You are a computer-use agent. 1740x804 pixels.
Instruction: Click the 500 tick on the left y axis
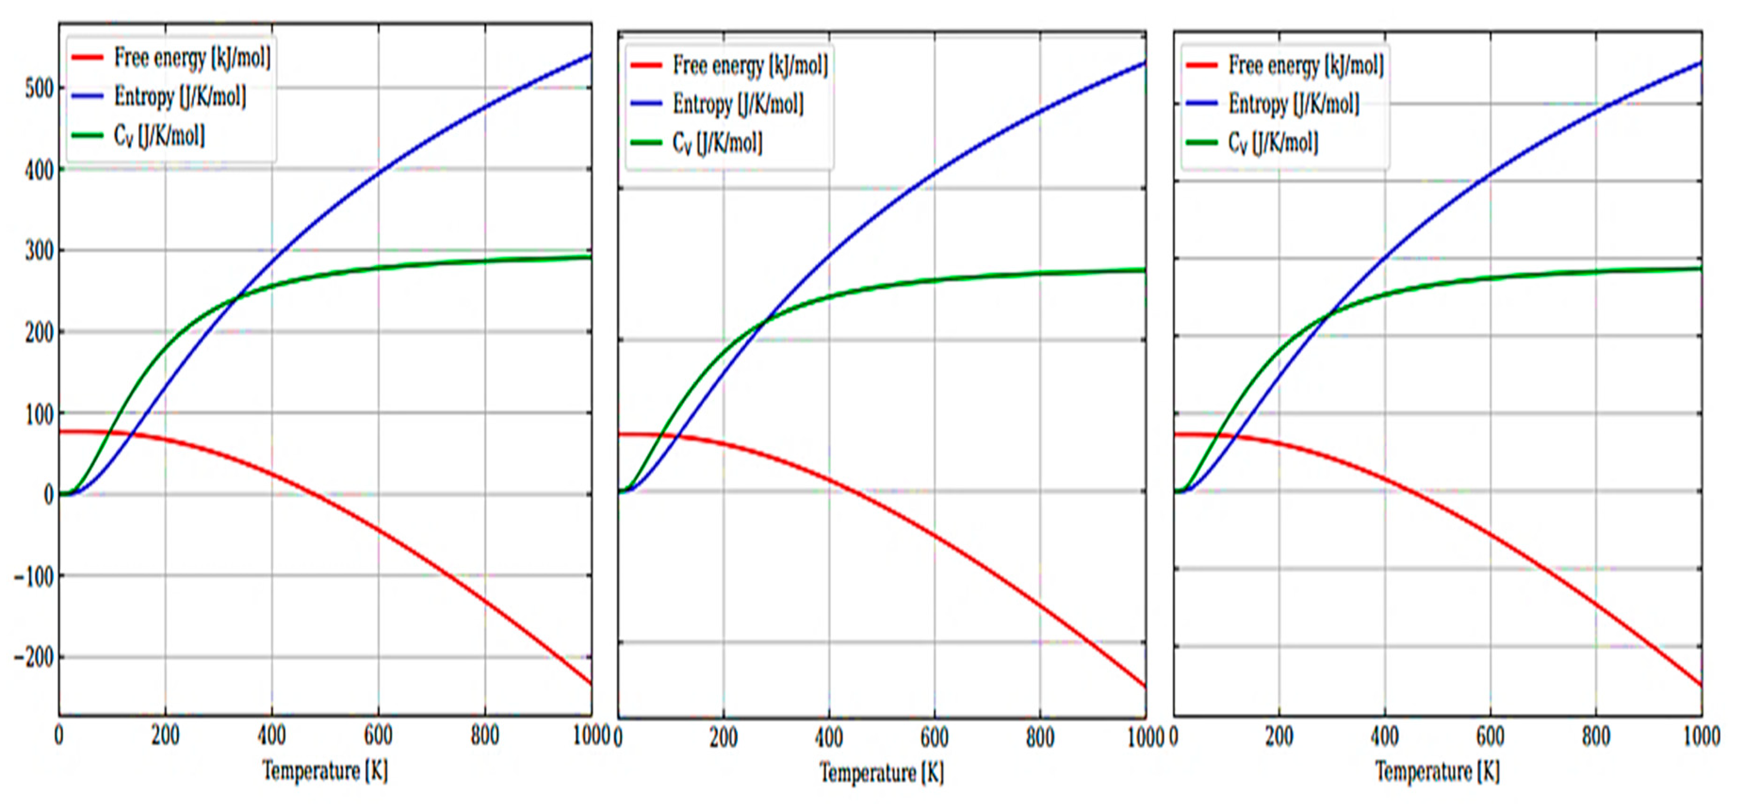[x=39, y=89]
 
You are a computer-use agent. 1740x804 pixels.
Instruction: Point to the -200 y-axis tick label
[x=34, y=656]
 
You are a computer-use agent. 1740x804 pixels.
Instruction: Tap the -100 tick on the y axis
[x=34, y=575]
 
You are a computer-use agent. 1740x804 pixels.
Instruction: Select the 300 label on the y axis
[x=39, y=251]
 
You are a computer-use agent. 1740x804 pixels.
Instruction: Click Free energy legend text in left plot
[x=192, y=58]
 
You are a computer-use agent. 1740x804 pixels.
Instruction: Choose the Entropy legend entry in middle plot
[x=738, y=105]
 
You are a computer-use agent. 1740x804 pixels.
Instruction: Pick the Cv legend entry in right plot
[x=1273, y=143]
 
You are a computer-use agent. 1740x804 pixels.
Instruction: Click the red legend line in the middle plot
[x=646, y=66]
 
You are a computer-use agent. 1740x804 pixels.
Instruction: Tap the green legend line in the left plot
[x=87, y=136]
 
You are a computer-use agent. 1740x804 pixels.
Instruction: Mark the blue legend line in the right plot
[x=1202, y=104]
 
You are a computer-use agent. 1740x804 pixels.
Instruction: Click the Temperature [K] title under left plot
[x=325, y=770]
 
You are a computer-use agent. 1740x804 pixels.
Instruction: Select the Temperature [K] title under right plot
[x=1438, y=771]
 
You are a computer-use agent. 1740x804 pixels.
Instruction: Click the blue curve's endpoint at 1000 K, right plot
[x=1700, y=63]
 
